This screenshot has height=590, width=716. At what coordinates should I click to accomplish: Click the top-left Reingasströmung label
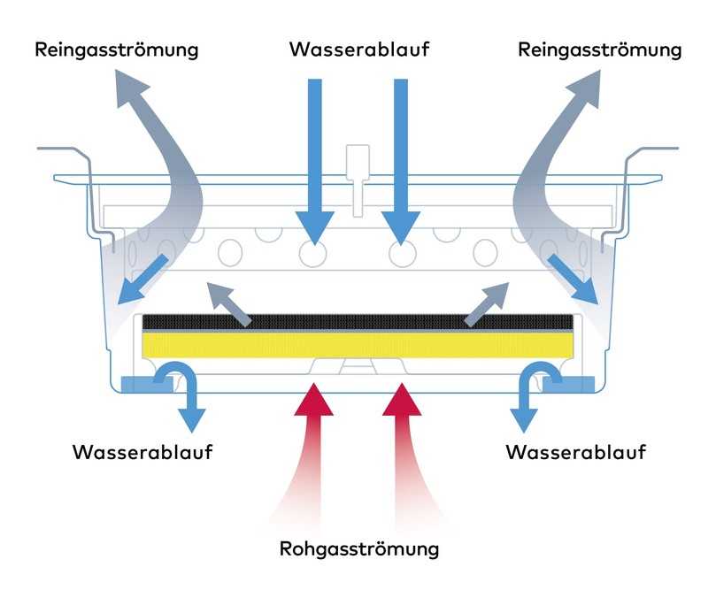[116, 50]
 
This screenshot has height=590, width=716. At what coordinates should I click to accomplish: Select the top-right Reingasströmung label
[599, 50]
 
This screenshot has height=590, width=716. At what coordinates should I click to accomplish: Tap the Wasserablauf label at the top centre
[358, 50]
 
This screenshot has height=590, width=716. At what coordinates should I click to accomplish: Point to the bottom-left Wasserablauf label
[142, 453]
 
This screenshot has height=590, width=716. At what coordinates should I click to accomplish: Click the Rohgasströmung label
[358, 549]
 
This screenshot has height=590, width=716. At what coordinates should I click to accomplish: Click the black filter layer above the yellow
[358, 322]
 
